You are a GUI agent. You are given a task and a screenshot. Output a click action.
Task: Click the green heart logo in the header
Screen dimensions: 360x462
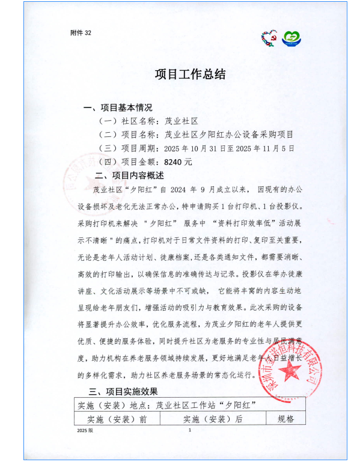pyautogui.click(x=292, y=39)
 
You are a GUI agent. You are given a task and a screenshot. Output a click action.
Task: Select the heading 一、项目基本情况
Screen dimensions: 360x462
pyautogui.click(x=118, y=108)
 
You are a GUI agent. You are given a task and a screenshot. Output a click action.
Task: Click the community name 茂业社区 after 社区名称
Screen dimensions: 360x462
pyautogui.click(x=181, y=121)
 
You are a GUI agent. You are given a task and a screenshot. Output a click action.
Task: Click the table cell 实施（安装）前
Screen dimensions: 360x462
pyautogui.click(x=117, y=419)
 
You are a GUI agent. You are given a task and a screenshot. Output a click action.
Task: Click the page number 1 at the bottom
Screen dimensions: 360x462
pyautogui.click(x=189, y=431)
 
